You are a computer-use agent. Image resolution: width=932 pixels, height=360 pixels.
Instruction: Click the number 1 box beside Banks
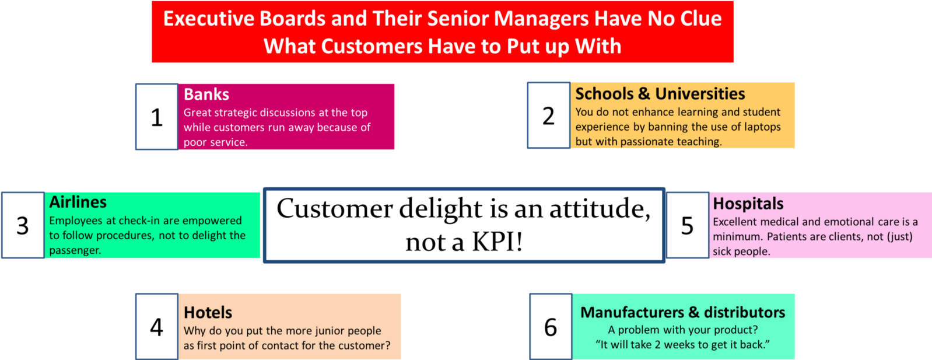(x=157, y=117)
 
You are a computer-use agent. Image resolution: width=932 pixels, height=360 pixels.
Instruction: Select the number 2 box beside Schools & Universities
(x=549, y=116)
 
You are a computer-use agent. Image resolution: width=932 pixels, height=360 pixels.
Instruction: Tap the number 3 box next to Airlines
(x=23, y=225)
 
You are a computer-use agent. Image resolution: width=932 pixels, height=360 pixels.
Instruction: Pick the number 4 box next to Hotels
(x=157, y=327)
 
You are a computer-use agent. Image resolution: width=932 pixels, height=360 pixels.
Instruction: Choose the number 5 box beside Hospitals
(x=688, y=225)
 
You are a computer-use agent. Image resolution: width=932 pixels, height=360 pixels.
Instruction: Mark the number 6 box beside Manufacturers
(x=551, y=327)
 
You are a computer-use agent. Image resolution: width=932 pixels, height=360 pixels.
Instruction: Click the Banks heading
(x=206, y=95)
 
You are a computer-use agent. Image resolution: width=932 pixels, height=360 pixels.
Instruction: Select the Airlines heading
(x=78, y=202)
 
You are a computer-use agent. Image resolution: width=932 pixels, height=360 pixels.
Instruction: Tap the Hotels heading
(x=208, y=313)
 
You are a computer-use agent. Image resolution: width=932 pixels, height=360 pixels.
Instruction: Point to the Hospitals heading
(x=748, y=204)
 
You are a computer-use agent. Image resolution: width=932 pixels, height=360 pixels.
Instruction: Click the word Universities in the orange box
(x=700, y=94)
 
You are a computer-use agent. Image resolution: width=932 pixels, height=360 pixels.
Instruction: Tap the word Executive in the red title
(x=208, y=19)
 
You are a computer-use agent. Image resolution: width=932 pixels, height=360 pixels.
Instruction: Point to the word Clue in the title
(x=701, y=19)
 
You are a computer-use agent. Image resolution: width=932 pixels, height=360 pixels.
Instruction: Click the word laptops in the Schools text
(x=760, y=127)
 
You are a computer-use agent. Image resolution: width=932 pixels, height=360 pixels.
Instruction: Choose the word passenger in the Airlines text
(x=75, y=250)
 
